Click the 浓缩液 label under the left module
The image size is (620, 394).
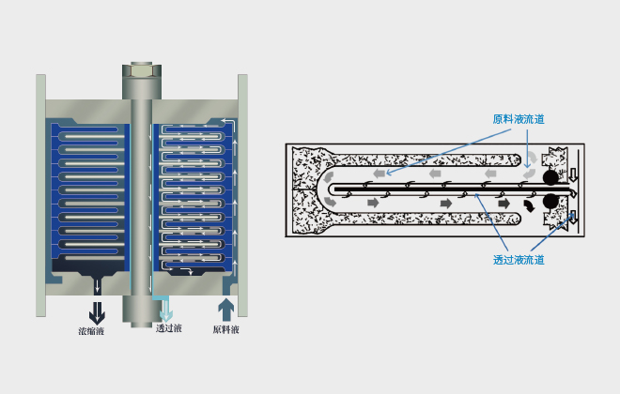coord(91,331)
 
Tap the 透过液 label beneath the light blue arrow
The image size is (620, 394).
coord(169,328)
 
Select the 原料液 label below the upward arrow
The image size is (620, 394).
coord(225,329)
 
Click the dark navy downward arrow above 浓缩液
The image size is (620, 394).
coord(97,313)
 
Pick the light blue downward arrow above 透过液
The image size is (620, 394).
coord(165,311)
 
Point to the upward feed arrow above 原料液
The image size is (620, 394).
coord(225,310)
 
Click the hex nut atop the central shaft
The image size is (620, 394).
coord(142,70)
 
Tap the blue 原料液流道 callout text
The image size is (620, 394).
coord(519,119)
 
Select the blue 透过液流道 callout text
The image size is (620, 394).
coord(519,260)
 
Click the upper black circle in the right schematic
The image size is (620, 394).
coord(550,177)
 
